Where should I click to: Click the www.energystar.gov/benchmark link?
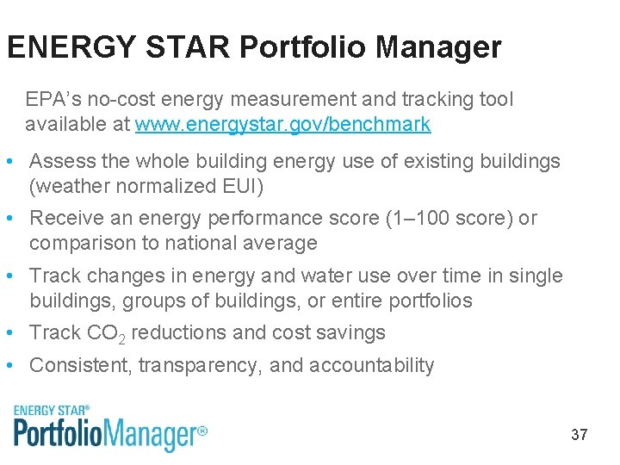[282, 124]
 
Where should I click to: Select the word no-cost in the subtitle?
[115, 100]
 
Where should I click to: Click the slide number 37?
[579, 435]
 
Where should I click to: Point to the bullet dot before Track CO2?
[8, 333]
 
